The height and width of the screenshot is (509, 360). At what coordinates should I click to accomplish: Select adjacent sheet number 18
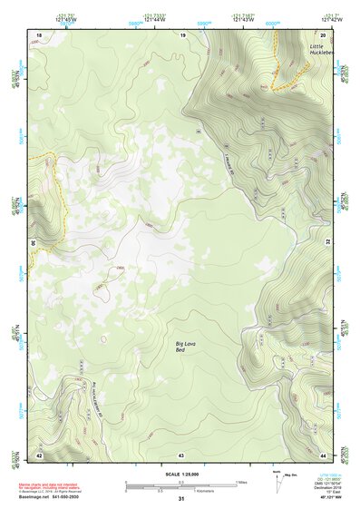(39, 34)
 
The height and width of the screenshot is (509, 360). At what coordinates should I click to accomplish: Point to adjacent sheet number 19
(182, 34)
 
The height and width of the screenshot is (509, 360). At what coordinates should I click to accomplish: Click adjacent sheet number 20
(324, 34)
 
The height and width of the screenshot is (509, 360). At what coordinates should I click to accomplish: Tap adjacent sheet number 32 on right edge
(328, 243)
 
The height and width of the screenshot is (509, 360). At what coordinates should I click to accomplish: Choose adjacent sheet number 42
(39, 454)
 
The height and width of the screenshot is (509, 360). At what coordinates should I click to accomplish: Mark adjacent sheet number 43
(181, 454)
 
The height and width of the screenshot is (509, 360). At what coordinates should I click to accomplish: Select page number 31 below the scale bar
(181, 499)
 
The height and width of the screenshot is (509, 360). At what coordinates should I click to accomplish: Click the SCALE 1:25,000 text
(181, 475)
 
